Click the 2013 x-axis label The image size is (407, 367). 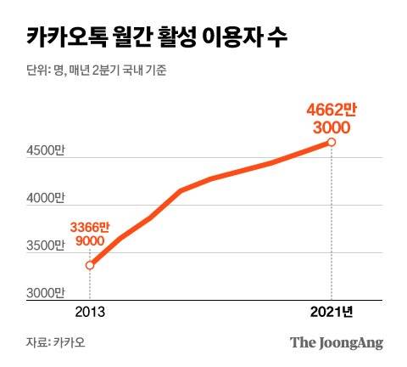[89, 311]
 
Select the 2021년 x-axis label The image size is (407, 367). [332, 311]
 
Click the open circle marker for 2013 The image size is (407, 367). [90, 265]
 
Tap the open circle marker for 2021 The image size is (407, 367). [332, 142]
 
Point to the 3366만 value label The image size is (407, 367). [91, 228]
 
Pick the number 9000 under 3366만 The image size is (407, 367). [91, 242]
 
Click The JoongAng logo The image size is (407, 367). [337, 343]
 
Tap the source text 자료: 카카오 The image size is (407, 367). [55, 343]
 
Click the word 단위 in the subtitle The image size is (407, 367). [36, 70]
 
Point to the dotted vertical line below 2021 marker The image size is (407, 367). [332, 221]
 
